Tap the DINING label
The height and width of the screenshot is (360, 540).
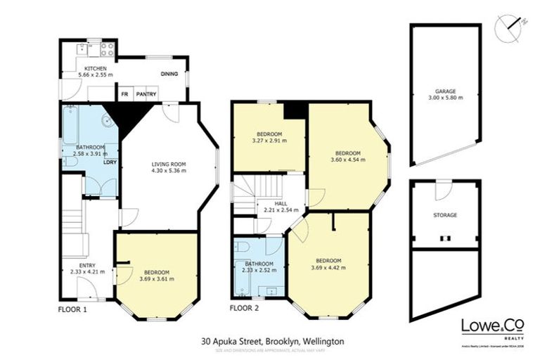pyautogui.click(x=169, y=74)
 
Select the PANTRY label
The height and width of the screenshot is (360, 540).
pyautogui.click(x=146, y=94)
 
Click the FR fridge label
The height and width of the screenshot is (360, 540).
pyautogui.click(x=124, y=94)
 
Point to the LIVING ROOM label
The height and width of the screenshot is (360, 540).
pyautogui.click(x=167, y=164)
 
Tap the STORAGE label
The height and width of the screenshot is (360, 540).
pyautogui.click(x=444, y=215)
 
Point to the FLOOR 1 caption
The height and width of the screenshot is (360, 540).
pyautogui.click(x=72, y=309)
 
